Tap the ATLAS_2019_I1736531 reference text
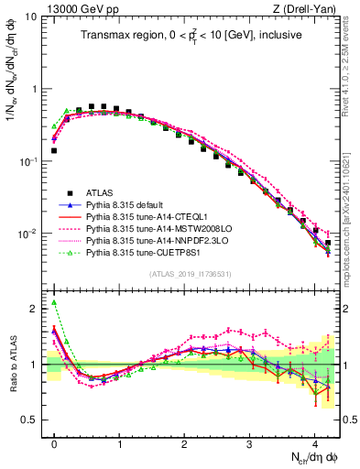(x=190, y=273)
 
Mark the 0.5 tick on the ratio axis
(x=29, y=420)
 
